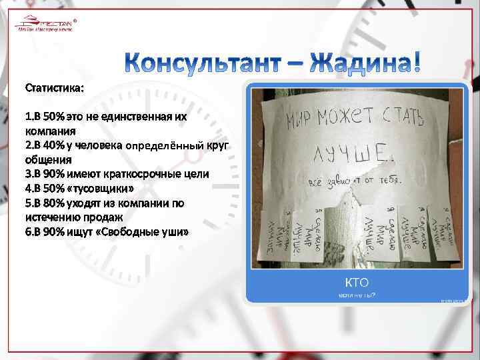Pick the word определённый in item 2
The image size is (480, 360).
point(173,145)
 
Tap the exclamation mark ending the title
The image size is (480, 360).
point(417,61)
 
